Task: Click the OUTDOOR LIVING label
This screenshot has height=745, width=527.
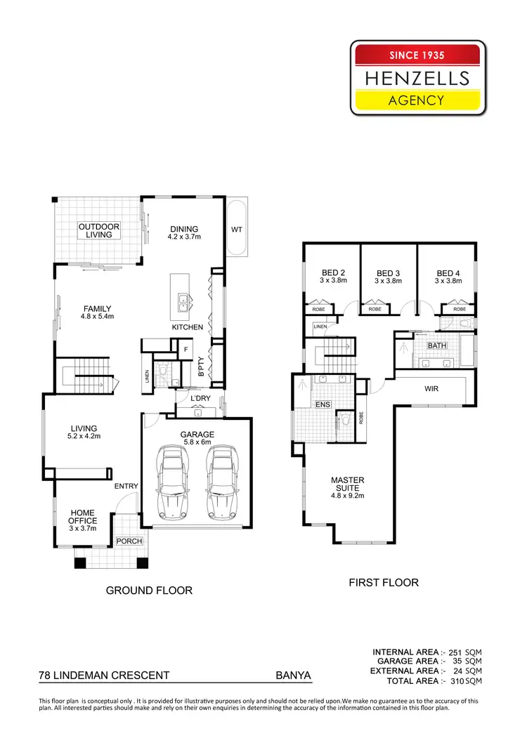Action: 99,230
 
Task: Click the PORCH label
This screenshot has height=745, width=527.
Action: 129,541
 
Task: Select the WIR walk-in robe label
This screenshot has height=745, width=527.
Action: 431,388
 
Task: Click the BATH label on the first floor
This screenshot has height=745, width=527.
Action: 437,346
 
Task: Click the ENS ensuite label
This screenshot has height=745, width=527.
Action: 323,404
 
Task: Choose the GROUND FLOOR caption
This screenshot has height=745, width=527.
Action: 149,591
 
